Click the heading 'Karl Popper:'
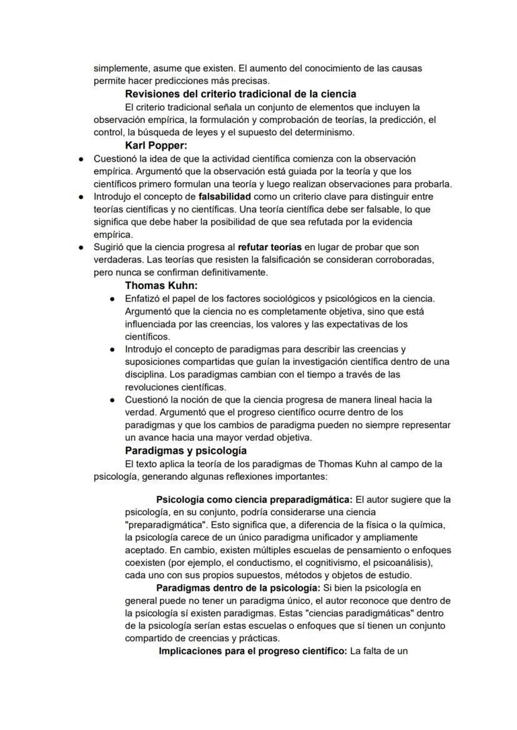tap(156, 146)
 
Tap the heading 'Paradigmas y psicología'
tap(185, 450)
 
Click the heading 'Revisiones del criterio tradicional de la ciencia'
tap(240, 94)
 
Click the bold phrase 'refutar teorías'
tap(270, 247)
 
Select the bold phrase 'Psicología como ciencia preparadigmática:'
tap(255, 500)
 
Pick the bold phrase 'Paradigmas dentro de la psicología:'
tap(239, 588)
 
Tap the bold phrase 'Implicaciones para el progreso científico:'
tap(253, 651)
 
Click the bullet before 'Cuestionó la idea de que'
tap(81, 159)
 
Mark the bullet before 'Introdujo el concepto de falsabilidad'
tap(81, 197)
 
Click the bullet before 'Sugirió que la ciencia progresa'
tap(81, 247)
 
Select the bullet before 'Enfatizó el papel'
tap(112, 299)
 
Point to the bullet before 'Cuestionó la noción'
tap(112, 399)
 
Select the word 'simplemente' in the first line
tap(119, 69)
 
